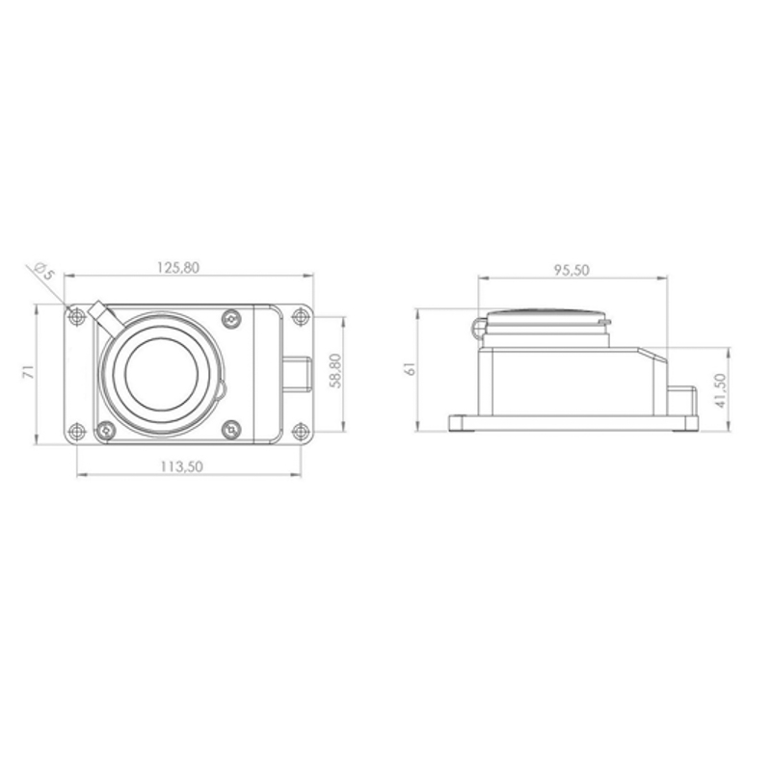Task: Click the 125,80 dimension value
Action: point(178,268)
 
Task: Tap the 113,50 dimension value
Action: point(181,466)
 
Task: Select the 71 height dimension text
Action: point(30,371)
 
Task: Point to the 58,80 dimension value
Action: point(335,371)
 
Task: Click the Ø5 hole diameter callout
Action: point(43,271)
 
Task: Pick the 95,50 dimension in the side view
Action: point(572,270)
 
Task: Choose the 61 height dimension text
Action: point(411,369)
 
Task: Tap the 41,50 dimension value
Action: point(720,390)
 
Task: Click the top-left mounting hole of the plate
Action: point(76,317)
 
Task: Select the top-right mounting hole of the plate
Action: point(300,317)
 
